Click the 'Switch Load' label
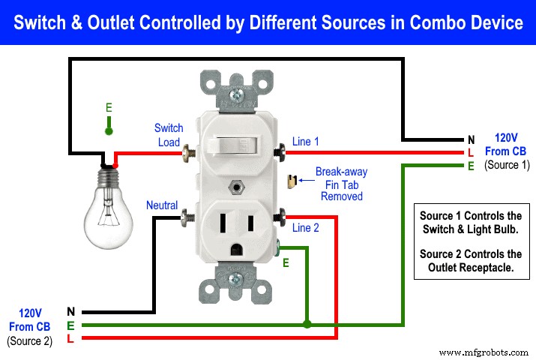click(x=169, y=135)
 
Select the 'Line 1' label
click(x=306, y=141)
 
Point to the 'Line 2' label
click(x=306, y=228)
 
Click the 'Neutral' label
click(x=162, y=205)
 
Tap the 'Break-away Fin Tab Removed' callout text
click(x=341, y=184)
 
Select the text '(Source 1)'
click(x=506, y=164)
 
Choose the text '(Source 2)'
click(x=29, y=340)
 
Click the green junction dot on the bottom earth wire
click(x=306, y=325)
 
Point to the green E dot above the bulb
click(x=109, y=131)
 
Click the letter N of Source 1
click(x=470, y=139)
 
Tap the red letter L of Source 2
click(x=70, y=339)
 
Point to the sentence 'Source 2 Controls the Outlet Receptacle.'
click(x=471, y=261)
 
